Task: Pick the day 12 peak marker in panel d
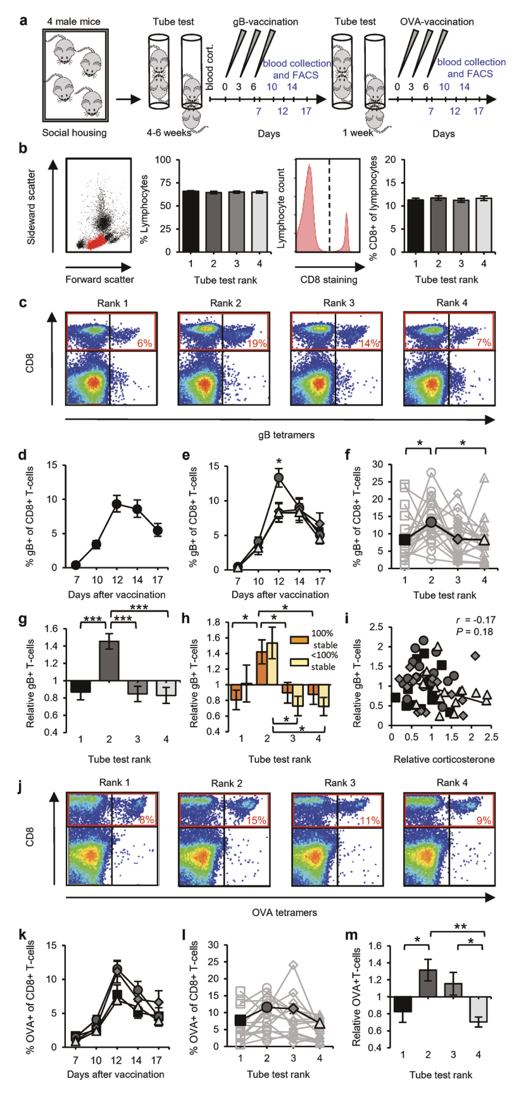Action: (116, 505)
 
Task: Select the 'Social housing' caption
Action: (74, 133)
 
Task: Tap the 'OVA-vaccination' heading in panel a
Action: (437, 22)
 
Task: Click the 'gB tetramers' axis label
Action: (279, 435)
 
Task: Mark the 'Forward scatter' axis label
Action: (99, 279)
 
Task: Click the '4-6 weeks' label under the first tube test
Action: (170, 133)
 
